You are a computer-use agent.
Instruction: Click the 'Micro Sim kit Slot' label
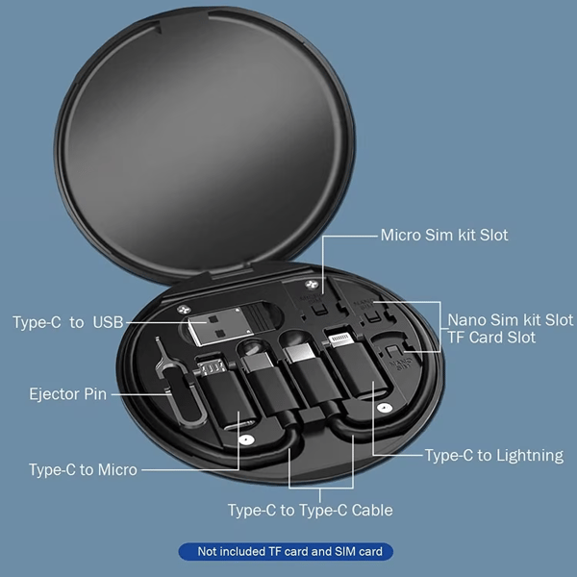pyautogui.click(x=444, y=236)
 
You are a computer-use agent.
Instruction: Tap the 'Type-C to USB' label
pyautogui.click(x=68, y=322)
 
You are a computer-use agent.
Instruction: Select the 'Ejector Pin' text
pyautogui.click(x=67, y=394)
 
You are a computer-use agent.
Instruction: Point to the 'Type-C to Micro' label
pyautogui.click(x=83, y=470)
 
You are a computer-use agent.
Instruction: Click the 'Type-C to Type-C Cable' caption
pyautogui.click(x=311, y=511)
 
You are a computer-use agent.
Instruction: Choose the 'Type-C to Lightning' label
pyautogui.click(x=494, y=456)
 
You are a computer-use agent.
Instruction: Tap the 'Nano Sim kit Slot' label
pyautogui.click(x=510, y=320)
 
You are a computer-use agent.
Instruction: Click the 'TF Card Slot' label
pyautogui.click(x=491, y=338)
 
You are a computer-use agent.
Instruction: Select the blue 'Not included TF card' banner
pyautogui.click(x=286, y=551)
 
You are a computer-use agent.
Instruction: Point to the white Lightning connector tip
pyautogui.click(x=340, y=339)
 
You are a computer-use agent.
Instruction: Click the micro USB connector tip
pyautogui.click(x=212, y=367)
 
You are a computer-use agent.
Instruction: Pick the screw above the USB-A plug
pyautogui.click(x=183, y=309)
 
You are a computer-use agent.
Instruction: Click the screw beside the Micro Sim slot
pyautogui.click(x=312, y=285)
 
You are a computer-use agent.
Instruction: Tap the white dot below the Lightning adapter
pyautogui.click(x=384, y=408)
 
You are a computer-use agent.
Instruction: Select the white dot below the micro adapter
pyautogui.click(x=244, y=439)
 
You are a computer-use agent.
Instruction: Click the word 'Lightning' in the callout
pyautogui.click(x=529, y=456)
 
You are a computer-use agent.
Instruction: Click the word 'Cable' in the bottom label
pyautogui.click(x=372, y=511)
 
